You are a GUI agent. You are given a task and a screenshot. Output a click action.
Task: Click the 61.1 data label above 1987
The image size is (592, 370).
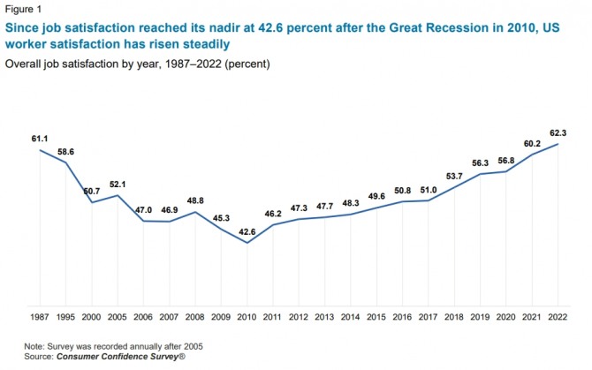click(40, 139)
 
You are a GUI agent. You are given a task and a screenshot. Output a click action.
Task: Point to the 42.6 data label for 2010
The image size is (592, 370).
click(221, 232)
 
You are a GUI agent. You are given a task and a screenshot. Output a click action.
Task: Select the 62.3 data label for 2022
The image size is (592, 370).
click(558, 132)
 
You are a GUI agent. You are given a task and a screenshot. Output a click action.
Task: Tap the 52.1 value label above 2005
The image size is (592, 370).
click(118, 183)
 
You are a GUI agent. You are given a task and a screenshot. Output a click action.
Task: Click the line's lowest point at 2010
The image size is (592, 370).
click(222, 243)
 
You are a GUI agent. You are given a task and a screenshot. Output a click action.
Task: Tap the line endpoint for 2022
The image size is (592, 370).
click(558, 144)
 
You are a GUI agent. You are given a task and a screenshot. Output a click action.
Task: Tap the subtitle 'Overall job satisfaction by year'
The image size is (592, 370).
click(88, 64)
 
